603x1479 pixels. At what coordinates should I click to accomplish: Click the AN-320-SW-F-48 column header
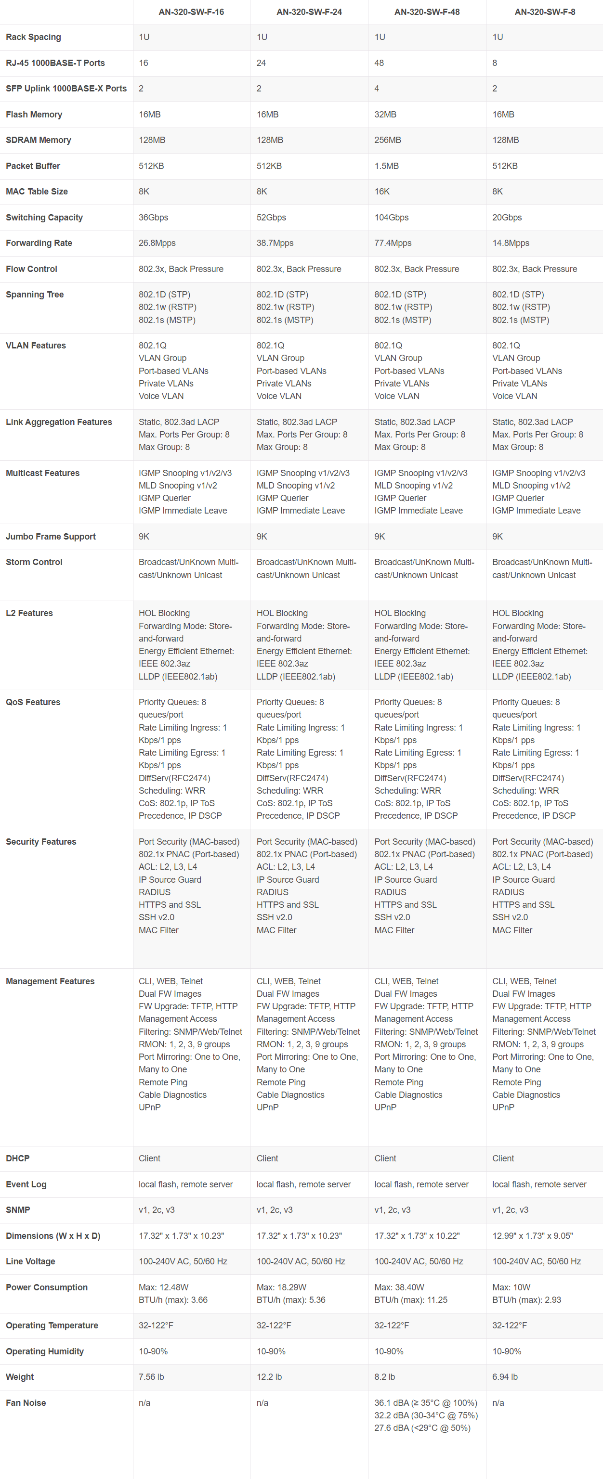pos(427,12)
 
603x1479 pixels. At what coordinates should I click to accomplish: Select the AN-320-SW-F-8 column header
pos(544,12)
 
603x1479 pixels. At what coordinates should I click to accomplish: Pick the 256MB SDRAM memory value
pos(388,140)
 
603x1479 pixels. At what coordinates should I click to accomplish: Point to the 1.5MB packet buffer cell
pos(386,166)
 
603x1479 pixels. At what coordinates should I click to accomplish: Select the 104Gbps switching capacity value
pos(392,218)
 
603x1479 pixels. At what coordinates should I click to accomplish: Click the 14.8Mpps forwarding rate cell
pos(511,243)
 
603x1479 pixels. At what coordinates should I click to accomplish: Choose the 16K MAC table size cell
pos(382,192)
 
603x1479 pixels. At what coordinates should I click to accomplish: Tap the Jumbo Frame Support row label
pos(51,537)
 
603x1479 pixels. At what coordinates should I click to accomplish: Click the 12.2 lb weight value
pos(269,1377)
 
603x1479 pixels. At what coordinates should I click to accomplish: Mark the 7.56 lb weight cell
pos(152,1377)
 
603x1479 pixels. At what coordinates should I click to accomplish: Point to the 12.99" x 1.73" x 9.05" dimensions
pos(532,1235)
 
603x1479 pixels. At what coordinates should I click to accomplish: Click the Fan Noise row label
pos(26,1402)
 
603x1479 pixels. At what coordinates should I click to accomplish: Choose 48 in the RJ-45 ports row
pos(379,63)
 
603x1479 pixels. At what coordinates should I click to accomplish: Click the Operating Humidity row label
pos(45,1351)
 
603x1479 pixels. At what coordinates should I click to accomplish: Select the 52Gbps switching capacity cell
pos(271,218)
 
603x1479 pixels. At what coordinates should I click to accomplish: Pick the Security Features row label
pos(41,842)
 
